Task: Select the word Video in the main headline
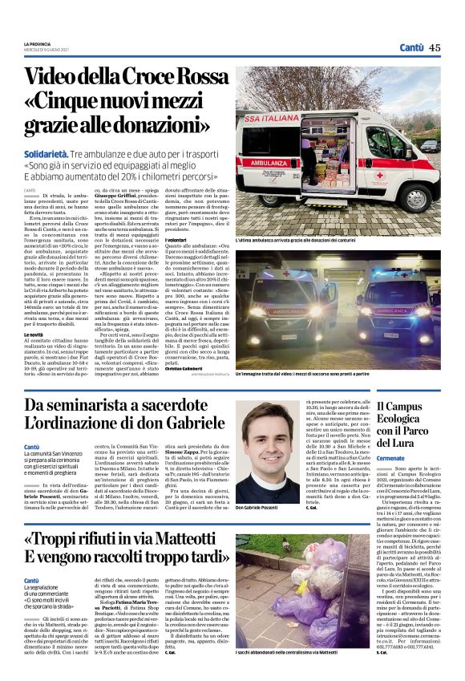point(57,78)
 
